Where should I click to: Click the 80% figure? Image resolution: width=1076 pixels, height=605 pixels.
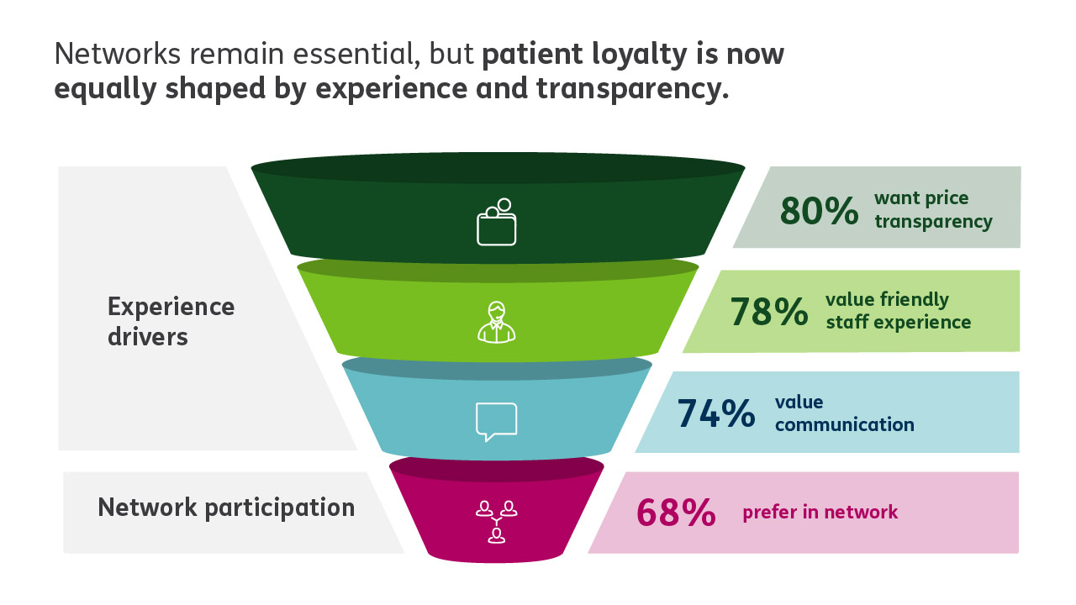tap(819, 211)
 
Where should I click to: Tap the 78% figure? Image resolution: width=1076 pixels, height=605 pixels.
tap(768, 311)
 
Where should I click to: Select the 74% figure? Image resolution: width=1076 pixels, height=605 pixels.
tap(715, 413)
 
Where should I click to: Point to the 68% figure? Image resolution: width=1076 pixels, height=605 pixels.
tap(676, 513)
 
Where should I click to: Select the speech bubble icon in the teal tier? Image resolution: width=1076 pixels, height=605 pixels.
tap(496, 421)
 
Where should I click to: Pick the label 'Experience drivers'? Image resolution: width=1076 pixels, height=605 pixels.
tap(171, 321)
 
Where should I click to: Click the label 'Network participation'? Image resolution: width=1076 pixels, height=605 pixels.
tap(226, 508)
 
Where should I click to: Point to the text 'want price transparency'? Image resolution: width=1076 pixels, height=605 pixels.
tap(933, 210)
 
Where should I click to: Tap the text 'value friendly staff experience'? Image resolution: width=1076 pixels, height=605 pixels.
tap(898, 311)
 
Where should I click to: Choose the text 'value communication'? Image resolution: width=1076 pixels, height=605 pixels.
tap(844, 413)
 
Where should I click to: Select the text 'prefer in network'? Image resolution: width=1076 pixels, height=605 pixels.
tap(820, 512)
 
